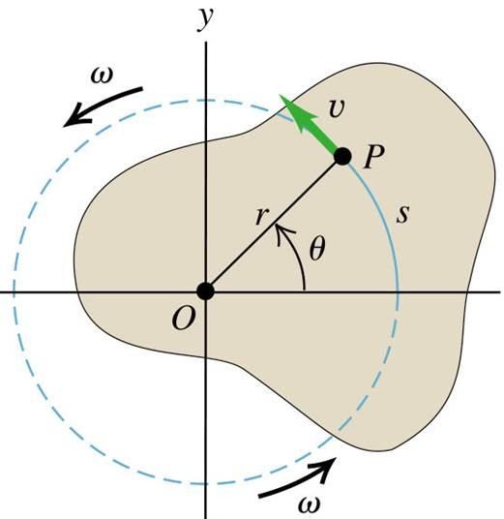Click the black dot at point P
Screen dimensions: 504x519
342,156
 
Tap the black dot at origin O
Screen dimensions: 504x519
206,291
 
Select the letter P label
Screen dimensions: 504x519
373,157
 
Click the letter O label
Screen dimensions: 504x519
182,319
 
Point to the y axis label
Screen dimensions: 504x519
206,18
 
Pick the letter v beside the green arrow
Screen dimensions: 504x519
338,107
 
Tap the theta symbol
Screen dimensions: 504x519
317,249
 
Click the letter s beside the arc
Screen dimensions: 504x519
403,214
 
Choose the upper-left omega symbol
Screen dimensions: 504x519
102,76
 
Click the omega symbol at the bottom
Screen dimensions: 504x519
309,504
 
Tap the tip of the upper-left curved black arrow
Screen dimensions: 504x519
63,126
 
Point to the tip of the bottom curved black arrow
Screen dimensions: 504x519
336,458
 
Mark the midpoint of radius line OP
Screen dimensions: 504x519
274,224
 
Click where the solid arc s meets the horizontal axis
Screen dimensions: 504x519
399,292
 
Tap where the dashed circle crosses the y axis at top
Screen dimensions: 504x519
206,100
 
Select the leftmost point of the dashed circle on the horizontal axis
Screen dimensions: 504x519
14,292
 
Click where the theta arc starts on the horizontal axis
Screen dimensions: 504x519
305,291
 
